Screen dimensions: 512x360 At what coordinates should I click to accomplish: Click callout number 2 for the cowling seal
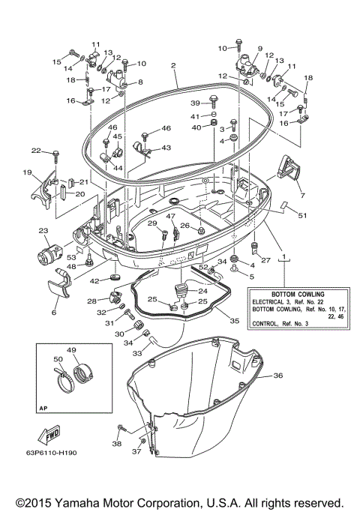(x=173, y=66)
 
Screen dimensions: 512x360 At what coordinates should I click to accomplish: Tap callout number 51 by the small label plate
(x=302, y=216)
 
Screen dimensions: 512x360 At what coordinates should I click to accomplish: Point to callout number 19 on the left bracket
(x=27, y=173)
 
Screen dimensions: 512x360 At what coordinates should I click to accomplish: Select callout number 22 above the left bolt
(x=35, y=151)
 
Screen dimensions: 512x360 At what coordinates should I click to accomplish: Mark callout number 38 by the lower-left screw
(x=116, y=443)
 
